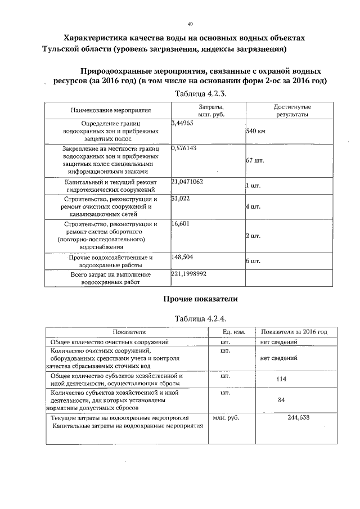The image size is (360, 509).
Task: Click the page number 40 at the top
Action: [190, 24]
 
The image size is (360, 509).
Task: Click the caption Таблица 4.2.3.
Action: [201, 93]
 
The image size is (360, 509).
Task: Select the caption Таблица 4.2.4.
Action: [201, 318]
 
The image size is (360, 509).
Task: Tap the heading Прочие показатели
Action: [201, 298]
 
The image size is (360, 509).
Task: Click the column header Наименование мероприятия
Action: [107, 111]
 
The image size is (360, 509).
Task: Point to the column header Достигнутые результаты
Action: [292, 110]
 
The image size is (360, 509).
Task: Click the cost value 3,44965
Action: [182, 122]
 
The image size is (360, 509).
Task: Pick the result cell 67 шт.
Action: [255, 160]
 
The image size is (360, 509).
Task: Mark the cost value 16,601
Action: [180, 224]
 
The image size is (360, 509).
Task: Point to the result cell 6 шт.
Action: [253, 261]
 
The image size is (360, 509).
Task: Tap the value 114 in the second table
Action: [282, 379]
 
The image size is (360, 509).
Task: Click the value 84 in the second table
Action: [282, 400]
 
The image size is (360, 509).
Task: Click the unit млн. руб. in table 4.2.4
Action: [226, 418]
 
